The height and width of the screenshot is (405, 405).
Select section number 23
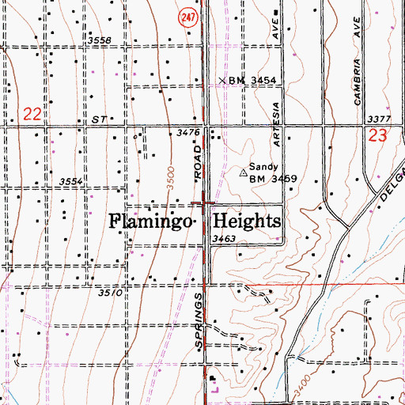point(377,135)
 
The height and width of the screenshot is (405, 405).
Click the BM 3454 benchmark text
point(252,81)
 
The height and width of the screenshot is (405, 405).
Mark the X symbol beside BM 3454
point(222,80)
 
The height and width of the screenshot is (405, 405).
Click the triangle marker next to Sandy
point(243,172)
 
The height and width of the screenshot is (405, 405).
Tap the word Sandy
point(264,167)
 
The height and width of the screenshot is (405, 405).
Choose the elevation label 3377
point(379,119)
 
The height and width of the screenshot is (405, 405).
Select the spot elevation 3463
point(225,237)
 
